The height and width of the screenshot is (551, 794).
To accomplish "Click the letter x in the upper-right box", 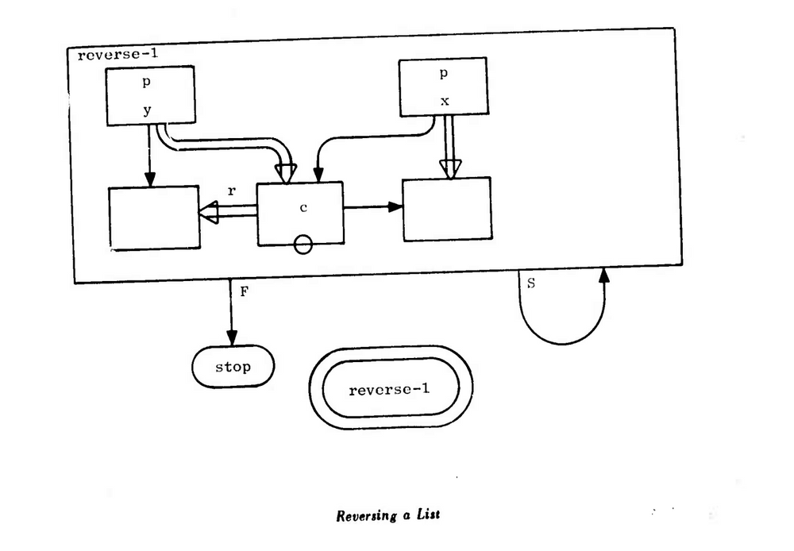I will coord(445,102).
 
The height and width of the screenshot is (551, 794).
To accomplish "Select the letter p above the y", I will coord(146,83).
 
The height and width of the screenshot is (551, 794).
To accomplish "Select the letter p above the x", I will coord(443,74).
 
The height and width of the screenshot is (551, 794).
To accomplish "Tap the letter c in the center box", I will coord(303,208).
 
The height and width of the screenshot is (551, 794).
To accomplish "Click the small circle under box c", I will coord(303,246).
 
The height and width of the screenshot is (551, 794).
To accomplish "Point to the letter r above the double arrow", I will coord(231,191).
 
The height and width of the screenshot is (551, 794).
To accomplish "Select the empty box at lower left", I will coord(153,218).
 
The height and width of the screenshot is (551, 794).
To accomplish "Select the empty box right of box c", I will coord(447,209).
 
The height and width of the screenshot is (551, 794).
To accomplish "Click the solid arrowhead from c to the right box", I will coord(395,207).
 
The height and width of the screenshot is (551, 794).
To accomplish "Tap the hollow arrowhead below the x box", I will coord(450,168).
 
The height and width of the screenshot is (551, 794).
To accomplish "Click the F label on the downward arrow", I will coord(245,291).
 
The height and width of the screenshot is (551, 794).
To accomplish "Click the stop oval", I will coord(233,367).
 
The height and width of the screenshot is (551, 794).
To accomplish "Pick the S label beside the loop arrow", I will coord(530,283).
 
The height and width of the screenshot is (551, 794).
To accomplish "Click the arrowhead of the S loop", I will coord(605,275).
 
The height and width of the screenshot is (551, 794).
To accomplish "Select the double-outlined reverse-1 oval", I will coord(391,388).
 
